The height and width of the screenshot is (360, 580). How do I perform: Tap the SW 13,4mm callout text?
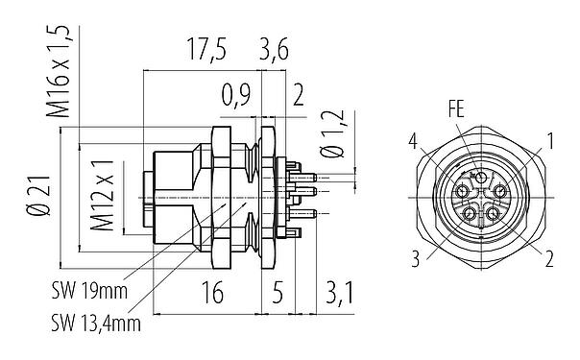97,324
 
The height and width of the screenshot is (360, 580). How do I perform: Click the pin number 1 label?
547,144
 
